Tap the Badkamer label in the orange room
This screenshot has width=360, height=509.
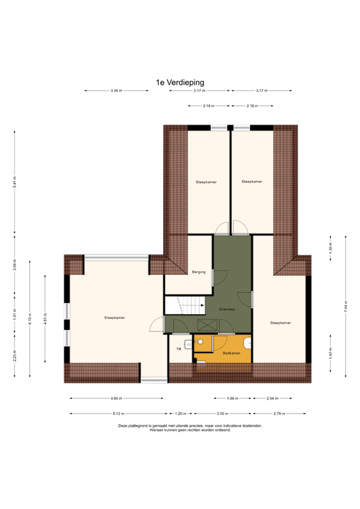click(231, 353)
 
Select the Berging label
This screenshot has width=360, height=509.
click(198, 272)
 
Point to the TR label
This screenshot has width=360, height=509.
click(178, 349)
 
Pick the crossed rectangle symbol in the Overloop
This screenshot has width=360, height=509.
click(206, 325)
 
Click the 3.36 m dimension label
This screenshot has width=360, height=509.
click(117, 91)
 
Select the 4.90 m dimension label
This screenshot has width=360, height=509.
click(117, 398)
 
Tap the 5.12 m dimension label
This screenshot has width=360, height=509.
click(119, 414)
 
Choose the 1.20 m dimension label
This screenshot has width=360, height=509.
click(180, 414)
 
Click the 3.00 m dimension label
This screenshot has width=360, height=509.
click(222, 414)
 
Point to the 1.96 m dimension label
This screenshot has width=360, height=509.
click(232, 398)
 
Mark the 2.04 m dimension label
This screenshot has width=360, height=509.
click(272, 398)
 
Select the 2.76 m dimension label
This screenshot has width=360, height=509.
click(279, 414)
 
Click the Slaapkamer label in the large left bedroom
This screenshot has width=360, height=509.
click(115, 317)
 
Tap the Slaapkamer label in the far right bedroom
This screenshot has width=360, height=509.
click(280, 323)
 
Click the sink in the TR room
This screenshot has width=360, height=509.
click(188, 345)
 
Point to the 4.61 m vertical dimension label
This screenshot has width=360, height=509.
click(45, 319)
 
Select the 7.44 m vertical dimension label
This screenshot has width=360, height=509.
click(345, 307)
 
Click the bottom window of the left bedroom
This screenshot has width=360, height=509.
click(66, 337)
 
